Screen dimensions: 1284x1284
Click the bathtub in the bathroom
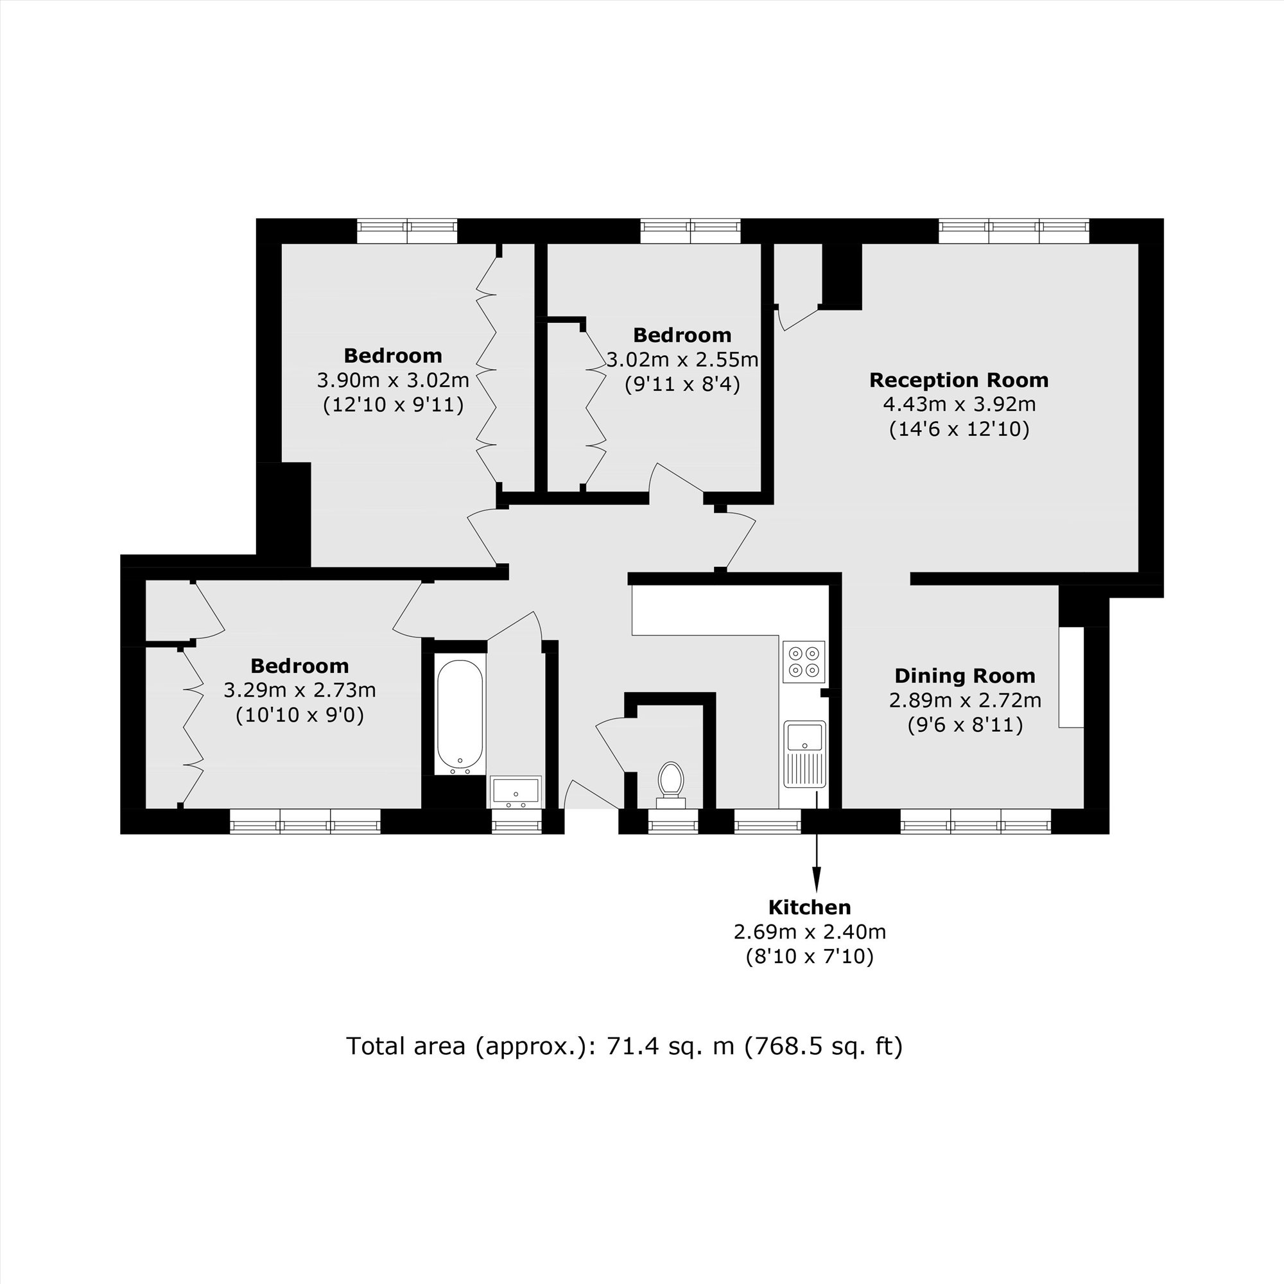pos(460,716)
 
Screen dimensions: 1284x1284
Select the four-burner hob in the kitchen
pos(804,661)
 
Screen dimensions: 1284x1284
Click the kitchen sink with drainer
pos(804,754)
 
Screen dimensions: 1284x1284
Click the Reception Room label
pos(959,380)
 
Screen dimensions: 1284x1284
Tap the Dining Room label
pos(964,676)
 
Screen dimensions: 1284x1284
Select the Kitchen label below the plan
pos(810,907)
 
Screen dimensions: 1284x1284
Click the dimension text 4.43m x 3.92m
pos(959,404)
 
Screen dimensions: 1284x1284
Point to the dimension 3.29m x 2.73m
pos(300,691)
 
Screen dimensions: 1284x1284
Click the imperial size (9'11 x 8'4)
pos(682,384)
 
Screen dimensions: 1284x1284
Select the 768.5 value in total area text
pos(781,1046)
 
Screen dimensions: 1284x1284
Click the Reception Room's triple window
pos(1014,231)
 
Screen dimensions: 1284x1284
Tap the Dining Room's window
pos(976,822)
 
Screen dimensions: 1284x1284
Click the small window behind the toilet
pos(673,822)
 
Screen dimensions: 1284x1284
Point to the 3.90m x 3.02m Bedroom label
pos(393,356)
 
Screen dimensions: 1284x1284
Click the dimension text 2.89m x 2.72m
pos(964,700)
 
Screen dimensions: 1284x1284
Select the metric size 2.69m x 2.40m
pos(810,932)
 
